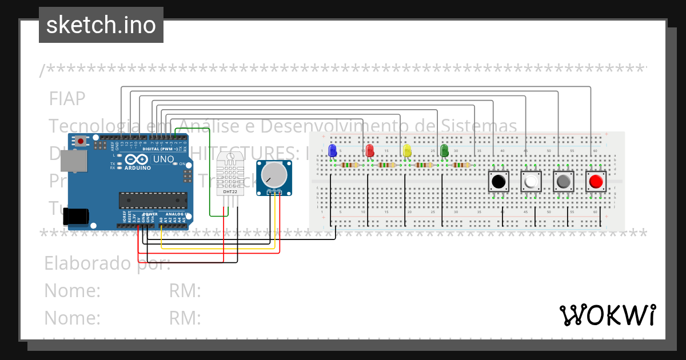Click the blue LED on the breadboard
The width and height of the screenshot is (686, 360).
pos(332,150)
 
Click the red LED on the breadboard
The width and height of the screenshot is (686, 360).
pos(370,150)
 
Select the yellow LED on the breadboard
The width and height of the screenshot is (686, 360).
pos(407,150)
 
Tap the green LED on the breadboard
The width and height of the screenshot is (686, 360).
pos(444,150)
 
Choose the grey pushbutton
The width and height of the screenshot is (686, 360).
pos(563,182)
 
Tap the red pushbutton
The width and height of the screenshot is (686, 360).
pos(596,182)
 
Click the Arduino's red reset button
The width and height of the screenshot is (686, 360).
pos(82,141)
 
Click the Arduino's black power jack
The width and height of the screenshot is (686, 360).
pos(75,216)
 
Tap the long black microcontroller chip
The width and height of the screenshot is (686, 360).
pos(153,200)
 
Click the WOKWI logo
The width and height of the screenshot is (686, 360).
pos(607,315)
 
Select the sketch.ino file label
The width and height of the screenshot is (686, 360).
pos(101,25)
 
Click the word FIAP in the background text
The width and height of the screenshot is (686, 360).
pos(67,99)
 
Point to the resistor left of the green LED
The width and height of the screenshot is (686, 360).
pos(424,165)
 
